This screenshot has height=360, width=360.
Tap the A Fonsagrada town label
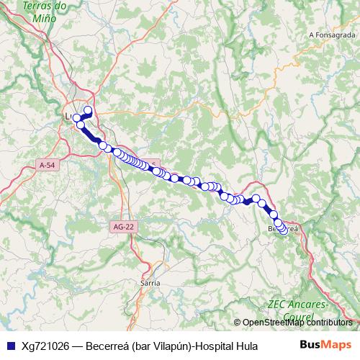(x=332, y=34)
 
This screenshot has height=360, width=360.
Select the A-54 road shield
(x=48, y=165)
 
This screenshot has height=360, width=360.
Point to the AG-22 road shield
(x=124, y=226)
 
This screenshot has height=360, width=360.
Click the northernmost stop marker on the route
(x=89, y=110)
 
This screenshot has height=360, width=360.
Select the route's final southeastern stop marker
(x=284, y=230)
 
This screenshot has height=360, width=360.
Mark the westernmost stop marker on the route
(x=76, y=118)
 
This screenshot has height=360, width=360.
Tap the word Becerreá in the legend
(x=107, y=345)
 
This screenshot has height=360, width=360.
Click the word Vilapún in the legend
(x=167, y=345)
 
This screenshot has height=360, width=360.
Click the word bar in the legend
(x=140, y=345)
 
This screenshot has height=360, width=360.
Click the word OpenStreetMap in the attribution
(x=274, y=322)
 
